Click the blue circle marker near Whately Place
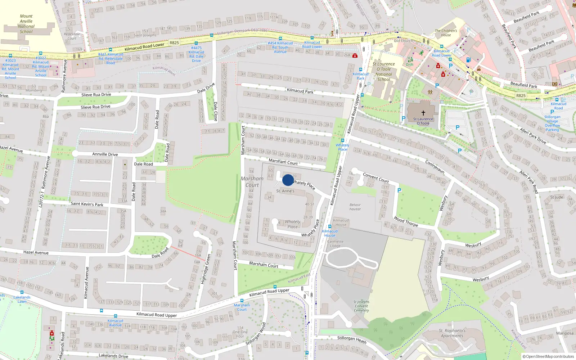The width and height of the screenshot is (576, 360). point(288,180)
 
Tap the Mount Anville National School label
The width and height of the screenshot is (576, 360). point(26,24)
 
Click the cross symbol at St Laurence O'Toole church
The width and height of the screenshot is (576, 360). point(423,113)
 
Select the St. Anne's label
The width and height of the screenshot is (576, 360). point(285,191)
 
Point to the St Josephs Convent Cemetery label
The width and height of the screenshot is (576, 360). point(361,306)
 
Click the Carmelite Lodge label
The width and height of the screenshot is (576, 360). point(335,244)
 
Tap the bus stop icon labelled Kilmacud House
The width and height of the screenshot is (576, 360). point(329,227)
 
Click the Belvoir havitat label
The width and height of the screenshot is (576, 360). point(355,207)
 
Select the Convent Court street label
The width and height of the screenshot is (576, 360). point(376,177)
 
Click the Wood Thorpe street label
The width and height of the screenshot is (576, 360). point(406,221)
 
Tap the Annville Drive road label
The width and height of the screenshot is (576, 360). point(105,154)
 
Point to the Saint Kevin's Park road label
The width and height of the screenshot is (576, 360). point(87,204)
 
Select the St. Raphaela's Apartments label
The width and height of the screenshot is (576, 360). point(452,333)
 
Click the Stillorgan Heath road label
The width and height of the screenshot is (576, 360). point(352,339)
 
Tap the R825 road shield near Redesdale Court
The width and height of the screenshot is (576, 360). point(174,43)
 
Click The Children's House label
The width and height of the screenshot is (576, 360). point(446,33)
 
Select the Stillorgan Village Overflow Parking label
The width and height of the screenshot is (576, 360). point(552,123)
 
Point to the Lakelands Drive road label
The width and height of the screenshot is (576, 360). point(113,356)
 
